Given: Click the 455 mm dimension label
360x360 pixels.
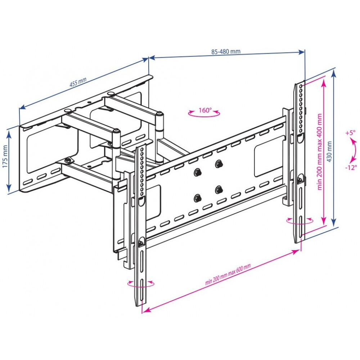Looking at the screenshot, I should pyautogui.click(x=78, y=83).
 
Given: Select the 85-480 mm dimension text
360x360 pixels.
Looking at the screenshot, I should pyautogui.click(x=226, y=51).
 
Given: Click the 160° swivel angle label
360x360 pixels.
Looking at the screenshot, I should pyautogui.click(x=205, y=110).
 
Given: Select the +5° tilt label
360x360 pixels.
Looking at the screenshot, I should pyautogui.click(x=350, y=132).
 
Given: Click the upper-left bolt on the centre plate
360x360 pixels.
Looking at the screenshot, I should pyautogui.click(x=197, y=172).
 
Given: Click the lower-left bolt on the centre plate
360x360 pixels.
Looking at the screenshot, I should pyautogui.click(x=197, y=197).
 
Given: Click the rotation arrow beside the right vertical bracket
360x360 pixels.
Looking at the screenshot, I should pyautogui.click(x=300, y=220).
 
